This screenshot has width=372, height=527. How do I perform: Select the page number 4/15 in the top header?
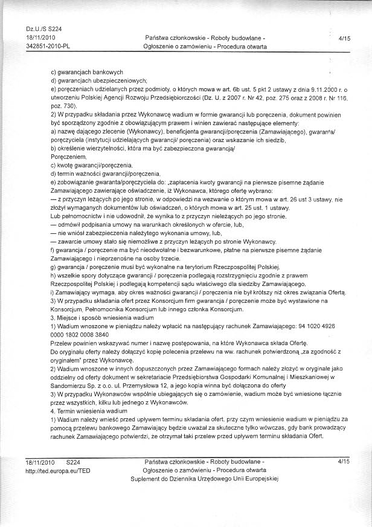coord(345,37)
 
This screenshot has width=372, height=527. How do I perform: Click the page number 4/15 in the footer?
coord(345,461)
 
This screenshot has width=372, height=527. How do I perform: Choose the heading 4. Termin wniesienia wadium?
coord(89,409)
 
